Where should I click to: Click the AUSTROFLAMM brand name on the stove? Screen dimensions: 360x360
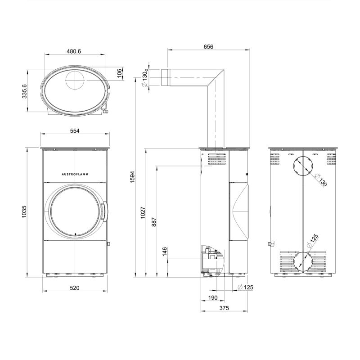(75, 174)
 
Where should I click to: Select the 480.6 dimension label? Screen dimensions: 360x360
(74, 51)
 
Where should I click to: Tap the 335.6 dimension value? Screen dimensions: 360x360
(24, 91)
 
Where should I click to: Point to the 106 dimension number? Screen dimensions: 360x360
(119, 73)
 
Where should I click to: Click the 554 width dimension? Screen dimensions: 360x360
(75, 130)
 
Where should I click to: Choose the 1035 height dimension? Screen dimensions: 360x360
(24, 211)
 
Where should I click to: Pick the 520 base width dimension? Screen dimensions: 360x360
(75, 288)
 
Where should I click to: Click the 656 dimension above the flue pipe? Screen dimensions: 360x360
(208, 47)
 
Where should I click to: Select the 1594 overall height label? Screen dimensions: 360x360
(132, 177)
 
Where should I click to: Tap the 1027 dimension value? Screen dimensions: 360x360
(143, 212)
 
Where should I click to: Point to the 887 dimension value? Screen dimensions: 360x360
(154, 222)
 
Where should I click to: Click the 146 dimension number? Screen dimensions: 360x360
(165, 252)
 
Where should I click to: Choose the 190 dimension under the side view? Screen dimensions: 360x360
(213, 298)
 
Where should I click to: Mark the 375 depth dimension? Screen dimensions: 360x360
(224, 308)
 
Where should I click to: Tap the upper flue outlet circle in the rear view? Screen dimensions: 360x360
(303, 166)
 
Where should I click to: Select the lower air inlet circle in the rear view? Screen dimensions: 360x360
(303, 262)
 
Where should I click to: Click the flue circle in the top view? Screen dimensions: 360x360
(75, 80)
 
